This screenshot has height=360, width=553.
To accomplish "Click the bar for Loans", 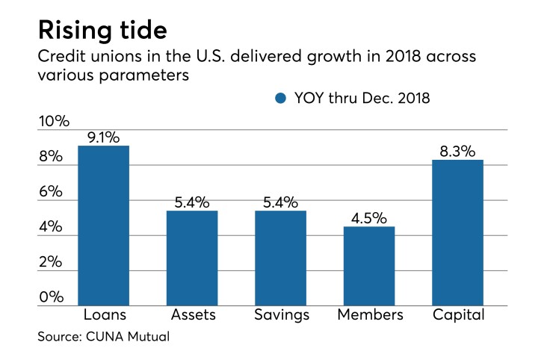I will pyautogui.click(x=103, y=226).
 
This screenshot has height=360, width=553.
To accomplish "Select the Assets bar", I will pyautogui.click(x=192, y=258).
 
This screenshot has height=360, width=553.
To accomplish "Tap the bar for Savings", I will pyautogui.click(x=280, y=258).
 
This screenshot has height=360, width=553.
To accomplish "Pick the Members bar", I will pyautogui.click(x=369, y=266).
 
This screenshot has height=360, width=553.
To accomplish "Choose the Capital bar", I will pyautogui.click(x=458, y=232).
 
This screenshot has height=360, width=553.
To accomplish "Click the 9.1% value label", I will pyautogui.click(x=103, y=136).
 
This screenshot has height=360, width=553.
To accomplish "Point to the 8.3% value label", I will pyautogui.click(x=458, y=150).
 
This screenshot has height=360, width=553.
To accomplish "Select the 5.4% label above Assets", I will pyautogui.click(x=192, y=202).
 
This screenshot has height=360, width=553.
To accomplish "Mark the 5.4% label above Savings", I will pyautogui.click(x=280, y=202).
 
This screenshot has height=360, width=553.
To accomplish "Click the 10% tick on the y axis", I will pyautogui.click(x=54, y=121).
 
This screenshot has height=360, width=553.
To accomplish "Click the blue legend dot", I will pyautogui.click(x=280, y=98).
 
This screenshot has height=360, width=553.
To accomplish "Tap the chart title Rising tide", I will pyautogui.click(x=102, y=31).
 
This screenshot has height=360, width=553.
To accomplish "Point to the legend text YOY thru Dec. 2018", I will pyautogui.click(x=361, y=98).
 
